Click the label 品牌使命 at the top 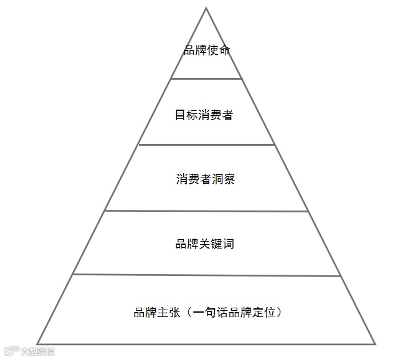(x=206, y=50)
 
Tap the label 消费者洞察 (x=205, y=180)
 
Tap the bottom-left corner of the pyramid (x=38, y=343)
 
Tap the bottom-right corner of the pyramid (x=375, y=344)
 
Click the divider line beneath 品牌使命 (x=206, y=78)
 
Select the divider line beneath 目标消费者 (x=206, y=144)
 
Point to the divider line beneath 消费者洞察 (x=206, y=211)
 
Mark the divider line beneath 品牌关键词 (x=206, y=275)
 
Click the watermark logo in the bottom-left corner (x=29, y=351)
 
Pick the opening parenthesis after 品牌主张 (x=186, y=312)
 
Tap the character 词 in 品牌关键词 (x=228, y=244)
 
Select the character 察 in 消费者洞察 (x=228, y=180)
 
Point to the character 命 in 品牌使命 (x=224, y=50)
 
